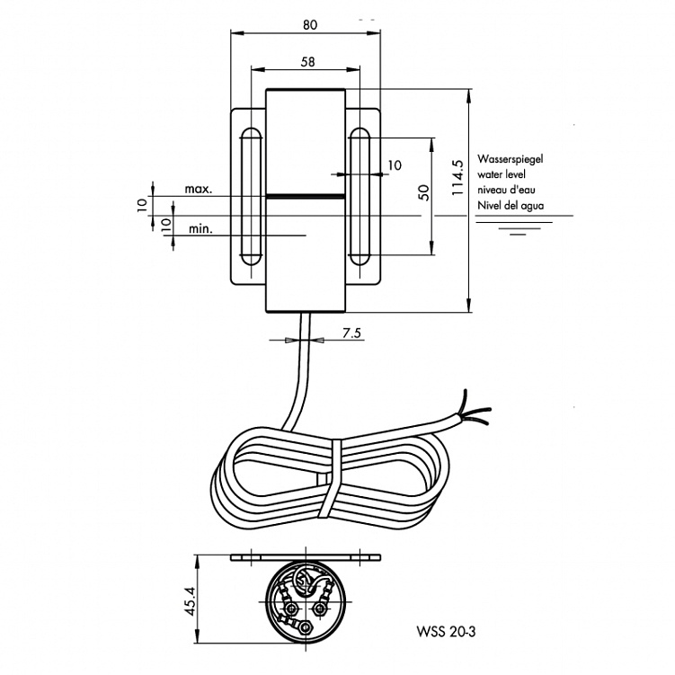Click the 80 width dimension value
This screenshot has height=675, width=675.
308,25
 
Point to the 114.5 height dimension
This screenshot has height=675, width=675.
457,177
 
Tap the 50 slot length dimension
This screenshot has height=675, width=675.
423,191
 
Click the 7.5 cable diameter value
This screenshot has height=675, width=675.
351,333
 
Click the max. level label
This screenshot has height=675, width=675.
198,190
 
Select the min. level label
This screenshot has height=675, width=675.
201,229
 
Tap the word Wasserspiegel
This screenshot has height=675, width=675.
511,158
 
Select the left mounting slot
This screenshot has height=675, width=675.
251,197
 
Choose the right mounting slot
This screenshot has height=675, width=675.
360,197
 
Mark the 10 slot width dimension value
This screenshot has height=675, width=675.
395,165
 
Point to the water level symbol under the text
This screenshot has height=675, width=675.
517,226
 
